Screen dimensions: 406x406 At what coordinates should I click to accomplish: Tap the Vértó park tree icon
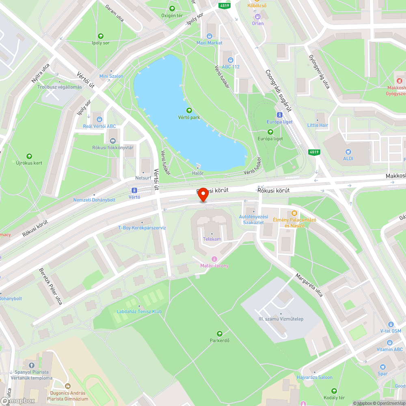[189, 110]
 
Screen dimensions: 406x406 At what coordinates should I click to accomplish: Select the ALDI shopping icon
[348, 151]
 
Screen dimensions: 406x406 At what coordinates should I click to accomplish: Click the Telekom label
[212, 239]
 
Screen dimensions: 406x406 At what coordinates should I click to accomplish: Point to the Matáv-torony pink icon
[214, 259]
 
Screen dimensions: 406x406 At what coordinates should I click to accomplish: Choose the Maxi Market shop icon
[209, 36]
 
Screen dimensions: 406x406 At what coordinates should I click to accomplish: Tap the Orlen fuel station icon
[257, 17]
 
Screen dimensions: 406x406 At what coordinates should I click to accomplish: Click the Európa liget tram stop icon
[279, 115]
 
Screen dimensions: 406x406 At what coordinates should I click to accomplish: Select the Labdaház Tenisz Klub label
[139, 311]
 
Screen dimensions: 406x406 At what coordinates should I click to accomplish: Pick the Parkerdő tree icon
[220, 333]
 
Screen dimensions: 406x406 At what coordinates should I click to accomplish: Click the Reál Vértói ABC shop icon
[99, 119]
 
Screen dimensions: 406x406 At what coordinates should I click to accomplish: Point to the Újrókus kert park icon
[29, 156]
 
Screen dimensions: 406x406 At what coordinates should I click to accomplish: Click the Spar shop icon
[382, 367]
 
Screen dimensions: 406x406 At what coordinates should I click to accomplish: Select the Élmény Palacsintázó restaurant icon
[294, 213]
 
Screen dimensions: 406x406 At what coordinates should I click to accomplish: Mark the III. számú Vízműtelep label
[281, 319]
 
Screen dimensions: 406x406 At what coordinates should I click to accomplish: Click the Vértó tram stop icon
[134, 190]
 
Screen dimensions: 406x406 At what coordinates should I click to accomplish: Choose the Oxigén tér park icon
[172, 9]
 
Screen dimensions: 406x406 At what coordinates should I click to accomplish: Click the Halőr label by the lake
[198, 173]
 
